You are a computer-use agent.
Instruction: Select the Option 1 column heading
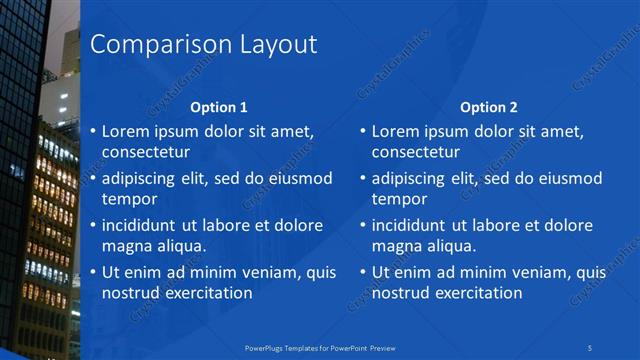(218, 107)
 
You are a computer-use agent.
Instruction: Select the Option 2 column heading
(489, 107)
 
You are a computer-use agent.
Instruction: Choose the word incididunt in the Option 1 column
(144, 225)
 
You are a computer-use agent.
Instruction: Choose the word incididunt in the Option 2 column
(415, 225)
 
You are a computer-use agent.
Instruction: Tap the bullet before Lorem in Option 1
(93, 131)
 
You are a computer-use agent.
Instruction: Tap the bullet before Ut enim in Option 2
(363, 272)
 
